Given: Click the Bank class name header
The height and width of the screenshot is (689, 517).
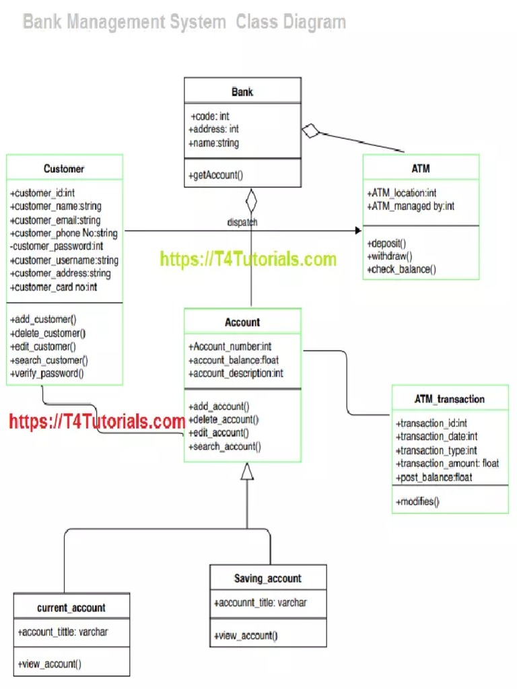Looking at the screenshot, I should (242, 92).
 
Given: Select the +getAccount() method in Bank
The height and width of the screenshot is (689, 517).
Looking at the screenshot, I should (217, 176).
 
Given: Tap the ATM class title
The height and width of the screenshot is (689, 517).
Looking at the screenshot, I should (421, 168).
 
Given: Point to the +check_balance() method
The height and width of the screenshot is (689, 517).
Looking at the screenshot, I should (402, 270).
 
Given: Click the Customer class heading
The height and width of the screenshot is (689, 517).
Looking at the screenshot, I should (64, 168).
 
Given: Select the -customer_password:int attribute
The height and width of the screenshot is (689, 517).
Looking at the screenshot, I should (57, 246).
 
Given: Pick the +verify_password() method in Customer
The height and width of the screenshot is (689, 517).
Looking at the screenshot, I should (47, 373).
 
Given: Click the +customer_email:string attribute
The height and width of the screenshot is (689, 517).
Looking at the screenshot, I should (55, 220).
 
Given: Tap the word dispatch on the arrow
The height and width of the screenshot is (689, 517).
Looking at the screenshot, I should (242, 222).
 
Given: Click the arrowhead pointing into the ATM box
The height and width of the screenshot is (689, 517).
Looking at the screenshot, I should (357, 231).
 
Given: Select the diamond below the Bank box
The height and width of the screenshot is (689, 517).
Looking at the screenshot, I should (251, 200).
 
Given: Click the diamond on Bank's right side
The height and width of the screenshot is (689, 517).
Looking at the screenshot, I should (310, 131).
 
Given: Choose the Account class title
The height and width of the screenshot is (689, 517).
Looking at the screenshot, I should (242, 322).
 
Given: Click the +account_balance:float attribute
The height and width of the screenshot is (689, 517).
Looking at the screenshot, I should (235, 360).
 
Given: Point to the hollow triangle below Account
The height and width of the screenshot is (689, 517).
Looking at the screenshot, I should (248, 472).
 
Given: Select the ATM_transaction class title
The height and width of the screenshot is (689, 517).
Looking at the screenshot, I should (449, 399).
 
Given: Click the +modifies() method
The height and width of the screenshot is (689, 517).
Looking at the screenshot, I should (418, 501).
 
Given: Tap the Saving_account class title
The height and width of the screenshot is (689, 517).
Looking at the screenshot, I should (268, 579).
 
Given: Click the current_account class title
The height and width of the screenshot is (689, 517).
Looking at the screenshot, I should (71, 608).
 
